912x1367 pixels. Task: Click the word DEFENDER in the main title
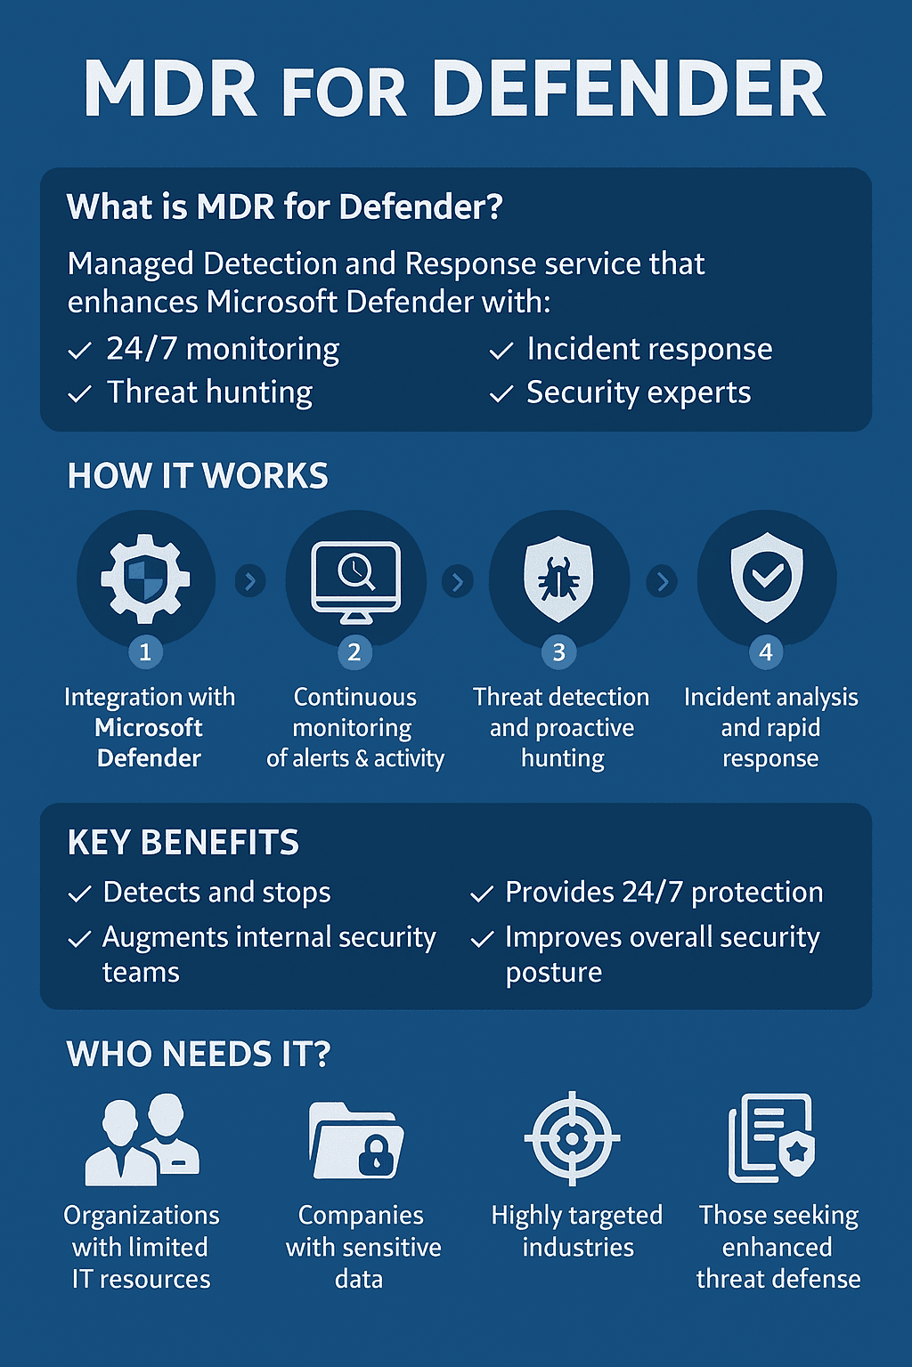point(628,89)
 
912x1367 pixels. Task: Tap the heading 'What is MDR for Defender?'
point(285,207)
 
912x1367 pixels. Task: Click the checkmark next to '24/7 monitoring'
point(80,352)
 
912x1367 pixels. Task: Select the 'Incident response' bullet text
point(649,350)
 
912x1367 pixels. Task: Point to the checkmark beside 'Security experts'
point(501,394)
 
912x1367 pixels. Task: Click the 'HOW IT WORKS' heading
point(198,476)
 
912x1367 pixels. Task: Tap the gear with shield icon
point(145,579)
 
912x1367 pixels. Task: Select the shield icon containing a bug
point(558,579)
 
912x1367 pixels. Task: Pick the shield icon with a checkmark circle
point(767,579)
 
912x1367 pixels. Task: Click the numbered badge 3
point(559,652)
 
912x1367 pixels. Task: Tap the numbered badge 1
point(145,652)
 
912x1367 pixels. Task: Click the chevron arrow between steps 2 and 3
point(458,582)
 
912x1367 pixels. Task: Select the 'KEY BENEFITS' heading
point(183,843)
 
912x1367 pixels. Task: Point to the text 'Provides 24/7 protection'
point(664,893)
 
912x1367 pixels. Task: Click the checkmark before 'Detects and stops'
point(80,894)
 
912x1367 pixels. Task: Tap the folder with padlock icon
point(356,1140)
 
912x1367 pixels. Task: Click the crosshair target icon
point(572,1138)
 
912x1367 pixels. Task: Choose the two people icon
point(142,1140)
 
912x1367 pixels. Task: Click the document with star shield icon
point(771,1138)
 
